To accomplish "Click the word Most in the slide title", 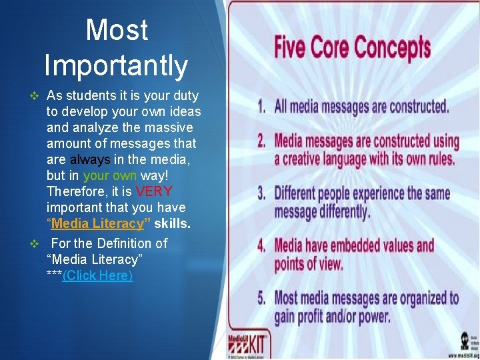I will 117,30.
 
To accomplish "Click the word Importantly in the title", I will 116,65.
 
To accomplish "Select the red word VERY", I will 153,191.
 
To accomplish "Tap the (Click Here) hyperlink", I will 97,275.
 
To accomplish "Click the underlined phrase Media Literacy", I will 97,223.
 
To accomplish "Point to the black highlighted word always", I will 90,159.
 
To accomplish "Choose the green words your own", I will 110,175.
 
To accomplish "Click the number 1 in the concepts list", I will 263,107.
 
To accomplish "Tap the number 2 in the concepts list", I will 263,141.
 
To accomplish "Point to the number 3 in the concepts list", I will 263,194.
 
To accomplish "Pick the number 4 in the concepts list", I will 263,247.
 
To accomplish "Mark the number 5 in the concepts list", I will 263,298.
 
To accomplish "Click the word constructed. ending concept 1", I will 419,107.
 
